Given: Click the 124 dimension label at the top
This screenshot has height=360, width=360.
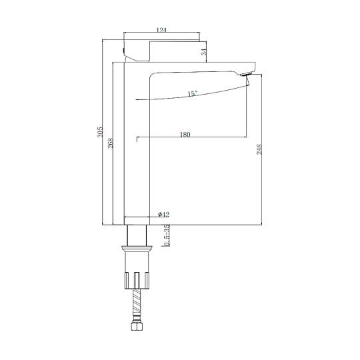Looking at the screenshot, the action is pos(161,30).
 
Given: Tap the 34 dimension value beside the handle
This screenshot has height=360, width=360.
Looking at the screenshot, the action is pos(204,52).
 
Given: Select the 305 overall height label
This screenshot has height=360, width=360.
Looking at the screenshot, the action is pos(100,132).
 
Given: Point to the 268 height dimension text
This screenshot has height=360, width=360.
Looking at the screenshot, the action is pos(111,143).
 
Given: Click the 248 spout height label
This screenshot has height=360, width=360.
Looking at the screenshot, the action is pos(259,149).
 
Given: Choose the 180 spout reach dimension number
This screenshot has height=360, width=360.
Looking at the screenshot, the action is pos(185,134).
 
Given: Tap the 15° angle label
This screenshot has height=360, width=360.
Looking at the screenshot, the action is pos(193,93).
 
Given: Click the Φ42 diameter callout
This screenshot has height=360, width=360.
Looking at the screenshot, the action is pos(163,215).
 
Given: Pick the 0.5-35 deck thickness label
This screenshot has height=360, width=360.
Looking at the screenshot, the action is pos(167,235).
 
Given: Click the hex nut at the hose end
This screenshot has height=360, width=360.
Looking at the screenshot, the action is pos(137,326).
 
